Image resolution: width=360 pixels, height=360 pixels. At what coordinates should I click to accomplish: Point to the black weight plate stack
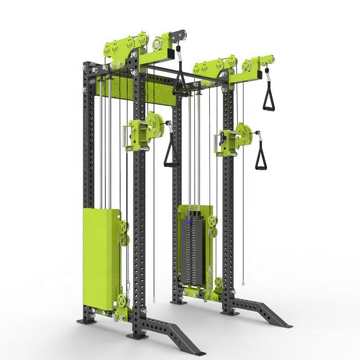[x=192, y=250]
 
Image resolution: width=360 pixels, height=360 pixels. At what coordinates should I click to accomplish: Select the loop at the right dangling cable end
[x=243, y=283]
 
